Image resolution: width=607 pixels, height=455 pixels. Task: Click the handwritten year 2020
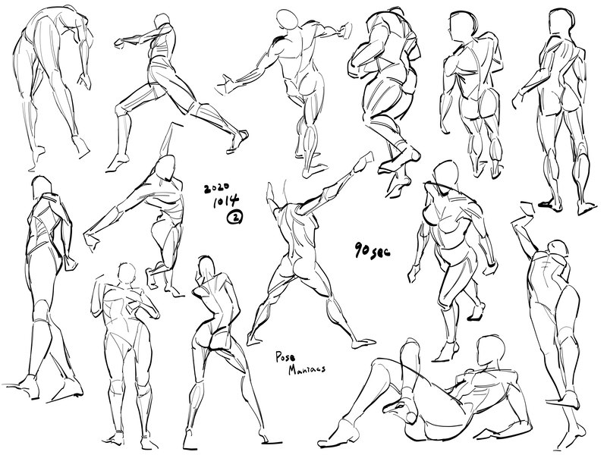pos(218,188)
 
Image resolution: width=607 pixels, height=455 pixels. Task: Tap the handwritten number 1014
pos(226,202)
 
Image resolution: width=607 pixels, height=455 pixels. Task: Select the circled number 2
pos(235,218)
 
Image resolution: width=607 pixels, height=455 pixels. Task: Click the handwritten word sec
pos(382,253)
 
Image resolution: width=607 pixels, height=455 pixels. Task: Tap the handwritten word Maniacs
pos(307,369)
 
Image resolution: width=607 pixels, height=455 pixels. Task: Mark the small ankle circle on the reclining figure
pos(411,417)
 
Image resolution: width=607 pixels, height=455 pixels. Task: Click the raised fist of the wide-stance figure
pos(365,161)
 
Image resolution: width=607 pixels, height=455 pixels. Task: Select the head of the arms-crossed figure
pos(126,274)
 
